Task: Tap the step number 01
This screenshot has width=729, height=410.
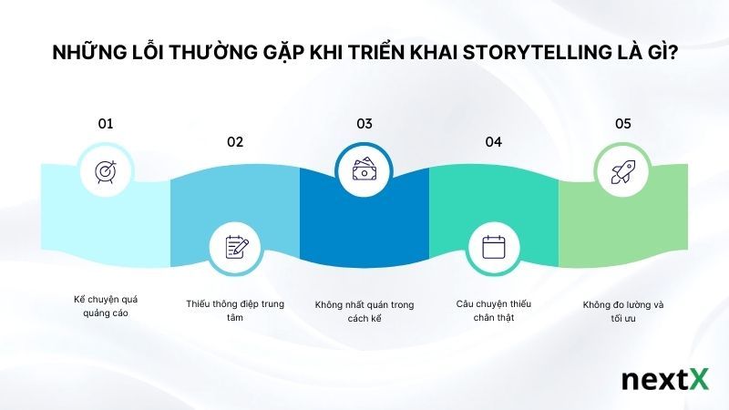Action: coord(106,123)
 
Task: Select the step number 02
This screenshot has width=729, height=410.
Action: coord(235,141)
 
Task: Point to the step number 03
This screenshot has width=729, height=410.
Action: coord(364,123)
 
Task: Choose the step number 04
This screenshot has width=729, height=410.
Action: coord(494,141)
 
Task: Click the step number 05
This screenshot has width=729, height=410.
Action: coord(623,123)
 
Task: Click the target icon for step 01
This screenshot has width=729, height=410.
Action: coord(106,171)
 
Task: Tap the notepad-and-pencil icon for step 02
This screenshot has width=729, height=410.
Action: coord(236,247)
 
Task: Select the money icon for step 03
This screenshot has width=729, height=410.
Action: coord(364,171)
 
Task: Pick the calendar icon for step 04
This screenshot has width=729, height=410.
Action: coord(493,247)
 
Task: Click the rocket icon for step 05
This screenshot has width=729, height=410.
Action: coord(622,171)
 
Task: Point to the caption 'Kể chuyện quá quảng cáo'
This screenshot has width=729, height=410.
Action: coord(106,306)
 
